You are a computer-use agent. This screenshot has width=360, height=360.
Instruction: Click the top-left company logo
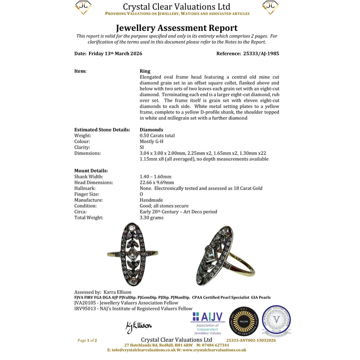(x=83, y=7)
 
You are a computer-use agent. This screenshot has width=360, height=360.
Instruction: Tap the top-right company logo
(x=270, y=7)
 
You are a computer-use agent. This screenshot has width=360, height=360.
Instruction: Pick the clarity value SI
(x=142, y=147)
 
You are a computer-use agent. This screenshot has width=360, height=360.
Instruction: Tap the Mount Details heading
(x=91, y=171)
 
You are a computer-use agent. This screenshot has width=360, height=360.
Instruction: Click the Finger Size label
(x=88, y=194)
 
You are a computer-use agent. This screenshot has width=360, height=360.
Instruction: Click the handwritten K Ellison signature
(x=139, y=326)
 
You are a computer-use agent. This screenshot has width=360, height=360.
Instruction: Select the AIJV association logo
(x=207, y=323)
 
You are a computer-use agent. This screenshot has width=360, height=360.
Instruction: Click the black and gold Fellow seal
(x=244, y=322)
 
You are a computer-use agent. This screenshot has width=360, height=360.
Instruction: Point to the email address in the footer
(x=141, y=350)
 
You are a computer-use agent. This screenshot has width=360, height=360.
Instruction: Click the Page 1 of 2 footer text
(x=87, y=340)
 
